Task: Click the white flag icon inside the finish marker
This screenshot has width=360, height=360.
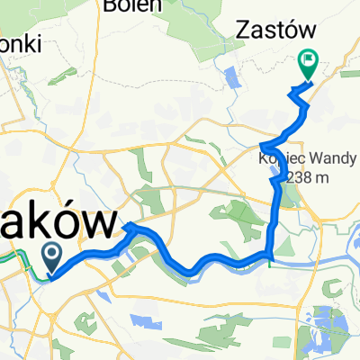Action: tap(309, 61)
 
